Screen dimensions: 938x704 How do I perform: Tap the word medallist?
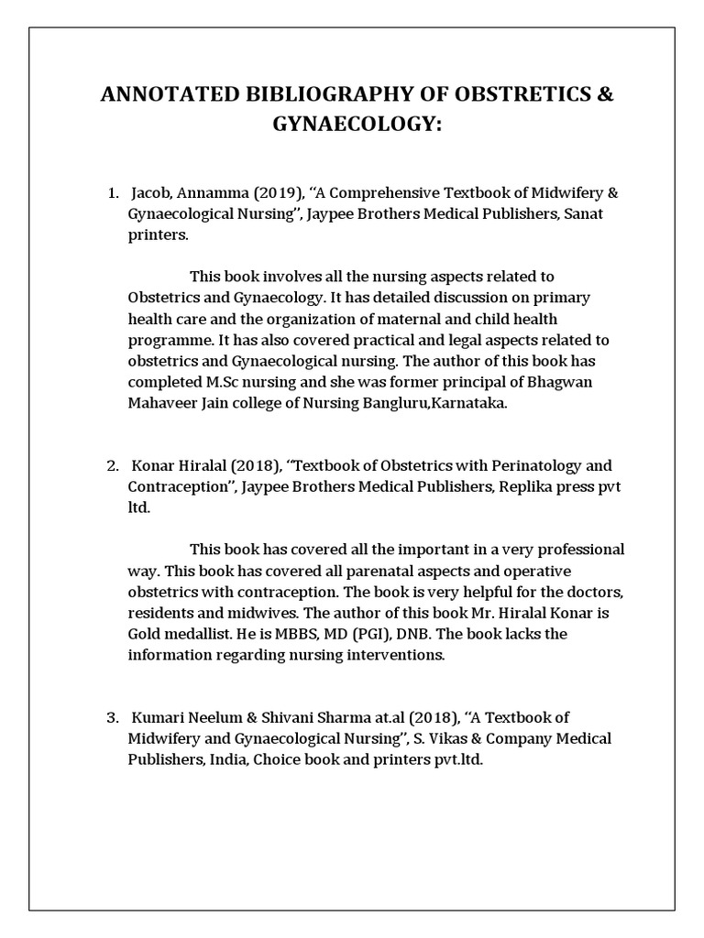point(199,634)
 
